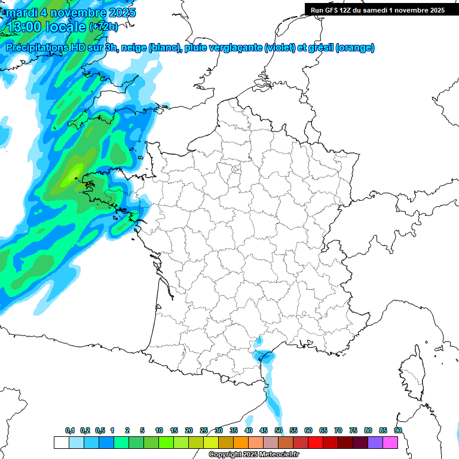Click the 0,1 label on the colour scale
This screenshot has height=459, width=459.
[70, 430]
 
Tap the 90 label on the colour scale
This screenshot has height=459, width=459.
[398, 430]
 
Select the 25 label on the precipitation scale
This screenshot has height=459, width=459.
[204, 430]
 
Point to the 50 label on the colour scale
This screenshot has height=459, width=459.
[279, 430]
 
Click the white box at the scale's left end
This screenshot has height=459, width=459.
[61, 442]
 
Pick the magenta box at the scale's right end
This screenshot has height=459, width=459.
[391, 442]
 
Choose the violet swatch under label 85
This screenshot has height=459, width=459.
[375, 442]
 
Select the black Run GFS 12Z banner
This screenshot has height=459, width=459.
[377, 10]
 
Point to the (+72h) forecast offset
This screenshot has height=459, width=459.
[103, 27]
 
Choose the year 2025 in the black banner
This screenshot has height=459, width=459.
[434, 10]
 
